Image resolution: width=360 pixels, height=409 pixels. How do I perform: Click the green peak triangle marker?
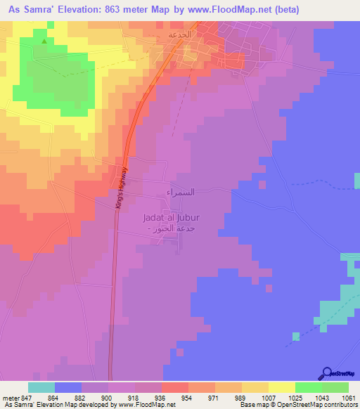(x=45, y=41)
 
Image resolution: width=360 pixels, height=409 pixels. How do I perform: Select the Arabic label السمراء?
(x=179, y=191)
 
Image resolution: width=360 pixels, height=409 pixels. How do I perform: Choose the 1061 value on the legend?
(x=349, y=397)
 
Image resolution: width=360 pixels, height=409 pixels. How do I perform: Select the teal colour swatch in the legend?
(x=41, y=387)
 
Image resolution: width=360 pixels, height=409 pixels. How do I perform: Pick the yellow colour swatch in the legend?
(x=282, y=387)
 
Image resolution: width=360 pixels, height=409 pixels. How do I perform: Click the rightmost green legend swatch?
(x=335, y=387)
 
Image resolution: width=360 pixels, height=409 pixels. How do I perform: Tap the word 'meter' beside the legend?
(x=12, y=397)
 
